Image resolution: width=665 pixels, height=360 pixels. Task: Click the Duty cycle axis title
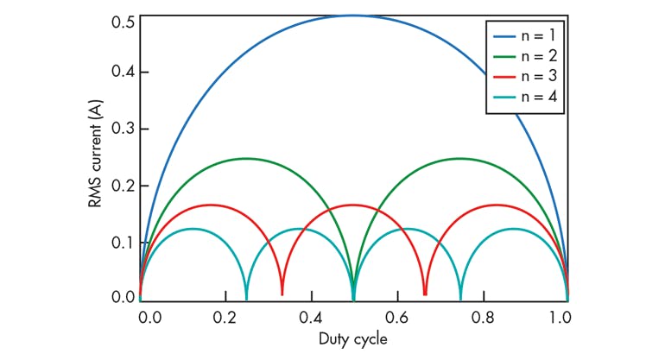[x=353, y=338]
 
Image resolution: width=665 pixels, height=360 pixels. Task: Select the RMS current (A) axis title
[x=96, y=157]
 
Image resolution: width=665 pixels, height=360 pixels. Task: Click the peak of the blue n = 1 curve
[x=353, y=16]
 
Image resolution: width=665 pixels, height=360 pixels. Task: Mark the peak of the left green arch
[x=246, y=158]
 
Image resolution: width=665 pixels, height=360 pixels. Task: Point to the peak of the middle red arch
[x=353, y=205]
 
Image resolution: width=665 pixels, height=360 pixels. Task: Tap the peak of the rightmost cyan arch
[x=514, y=229]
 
